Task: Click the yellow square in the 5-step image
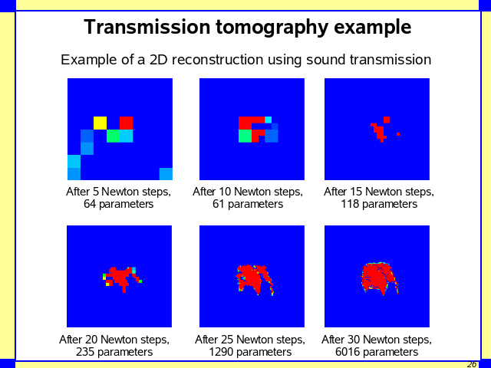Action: point(100,123)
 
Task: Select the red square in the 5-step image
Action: point(126,123)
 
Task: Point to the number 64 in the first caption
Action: point(91,205)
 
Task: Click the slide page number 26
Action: point(472,364)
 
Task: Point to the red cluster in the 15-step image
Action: point(380,130)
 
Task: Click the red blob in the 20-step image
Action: point(118,277)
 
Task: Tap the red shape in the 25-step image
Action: point(252,278)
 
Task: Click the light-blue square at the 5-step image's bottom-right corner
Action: point(166,173)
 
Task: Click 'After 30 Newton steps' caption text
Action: point(376,340)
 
